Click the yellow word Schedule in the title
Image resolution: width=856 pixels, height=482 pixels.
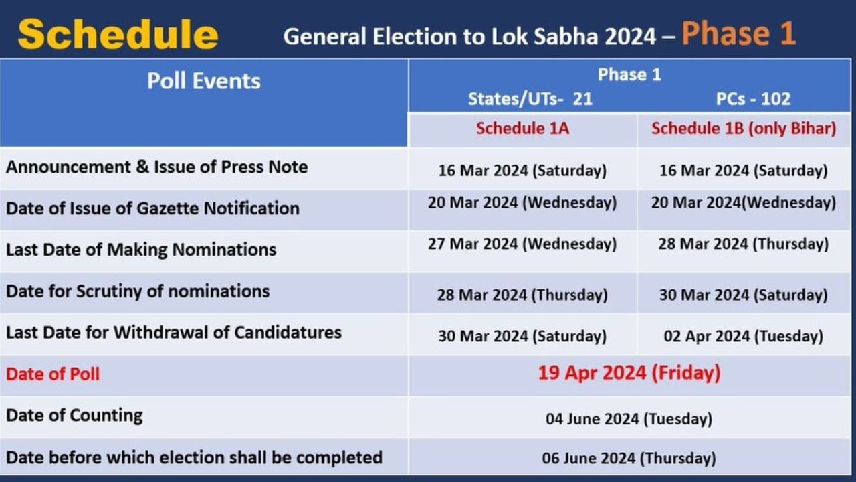(x=118, y=35)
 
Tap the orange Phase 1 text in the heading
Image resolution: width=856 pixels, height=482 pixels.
(x=738, y=33)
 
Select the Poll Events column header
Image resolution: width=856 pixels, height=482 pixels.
(x=203, y=81)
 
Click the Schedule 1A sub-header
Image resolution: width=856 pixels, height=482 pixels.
(x=522, y=128)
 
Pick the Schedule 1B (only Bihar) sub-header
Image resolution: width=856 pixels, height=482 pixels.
(x=744, y=128)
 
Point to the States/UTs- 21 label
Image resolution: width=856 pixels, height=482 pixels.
(x=530, y=99)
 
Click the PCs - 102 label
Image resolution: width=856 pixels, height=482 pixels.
(x=753, y=99)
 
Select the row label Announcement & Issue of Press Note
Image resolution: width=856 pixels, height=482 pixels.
(x=157, y=167)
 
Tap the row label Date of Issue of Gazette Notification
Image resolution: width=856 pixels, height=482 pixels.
(x=152, y=208)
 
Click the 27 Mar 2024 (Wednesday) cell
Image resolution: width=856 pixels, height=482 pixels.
(x=522, y=244)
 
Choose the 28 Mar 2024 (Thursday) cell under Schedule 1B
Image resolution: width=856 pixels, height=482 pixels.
(x=743, y=244)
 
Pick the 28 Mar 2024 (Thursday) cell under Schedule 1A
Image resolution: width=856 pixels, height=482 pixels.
(x=522, y=295)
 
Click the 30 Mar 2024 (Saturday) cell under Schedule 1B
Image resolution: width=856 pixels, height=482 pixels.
(x=743, y=295)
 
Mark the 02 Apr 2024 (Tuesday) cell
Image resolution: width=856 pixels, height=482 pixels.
(x=743, y=336)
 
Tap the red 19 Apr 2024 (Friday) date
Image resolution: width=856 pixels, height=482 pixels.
(x=629, y=372)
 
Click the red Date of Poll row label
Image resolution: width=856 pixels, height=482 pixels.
(x=53, y=374)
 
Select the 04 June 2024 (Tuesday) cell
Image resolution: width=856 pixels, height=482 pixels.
(x=629, y=419)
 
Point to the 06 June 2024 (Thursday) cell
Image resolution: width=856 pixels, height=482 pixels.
(x=629, y=459)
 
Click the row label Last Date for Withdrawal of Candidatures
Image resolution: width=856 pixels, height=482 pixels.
(x=174, y=332)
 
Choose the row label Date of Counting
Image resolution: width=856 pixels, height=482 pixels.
(x=74, y=415)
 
